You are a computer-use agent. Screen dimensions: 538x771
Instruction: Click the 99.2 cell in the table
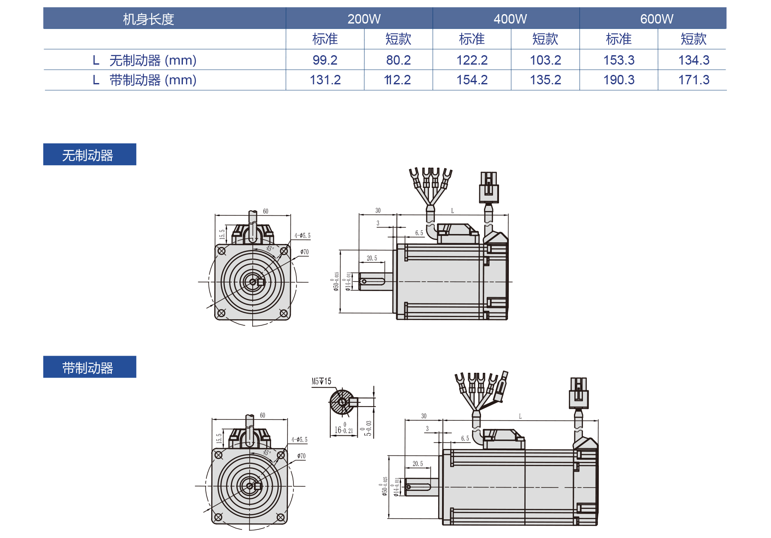click(x=325, y=60)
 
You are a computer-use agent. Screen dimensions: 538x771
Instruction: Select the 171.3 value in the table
click(x=693, y=80)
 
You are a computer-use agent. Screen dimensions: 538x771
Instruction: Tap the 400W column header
click(x=510, y=19)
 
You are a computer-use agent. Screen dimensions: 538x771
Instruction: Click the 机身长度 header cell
click(x=148, y=19)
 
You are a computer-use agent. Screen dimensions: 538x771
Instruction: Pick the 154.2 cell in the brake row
click(x=472, y=80)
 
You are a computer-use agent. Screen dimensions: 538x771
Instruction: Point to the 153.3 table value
click(x=619, y=60)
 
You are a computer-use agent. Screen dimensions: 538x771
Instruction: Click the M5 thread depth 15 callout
click(x=321, y=381)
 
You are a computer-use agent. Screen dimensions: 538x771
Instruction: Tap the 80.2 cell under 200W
click(x=398, y=60)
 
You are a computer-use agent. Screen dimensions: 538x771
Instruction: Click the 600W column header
click(x=656, y=19)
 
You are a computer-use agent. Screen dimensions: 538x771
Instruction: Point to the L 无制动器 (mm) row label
click(x=145, y=60)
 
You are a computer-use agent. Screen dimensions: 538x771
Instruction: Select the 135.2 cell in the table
click(x=545, y=80)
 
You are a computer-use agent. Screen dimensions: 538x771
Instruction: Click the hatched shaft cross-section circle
click(x=341, y=402)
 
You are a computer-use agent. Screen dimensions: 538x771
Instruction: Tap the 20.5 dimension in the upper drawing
click(x=372, y=258)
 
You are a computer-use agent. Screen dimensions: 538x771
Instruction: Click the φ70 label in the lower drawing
click(x=302, y=456)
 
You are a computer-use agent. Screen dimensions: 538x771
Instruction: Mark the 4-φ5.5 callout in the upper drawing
click(x=302, y=236)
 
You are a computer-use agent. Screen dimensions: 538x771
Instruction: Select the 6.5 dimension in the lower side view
click(x=465, y=438)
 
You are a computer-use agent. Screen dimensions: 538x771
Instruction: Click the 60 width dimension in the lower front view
click(x=263, y=415)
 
